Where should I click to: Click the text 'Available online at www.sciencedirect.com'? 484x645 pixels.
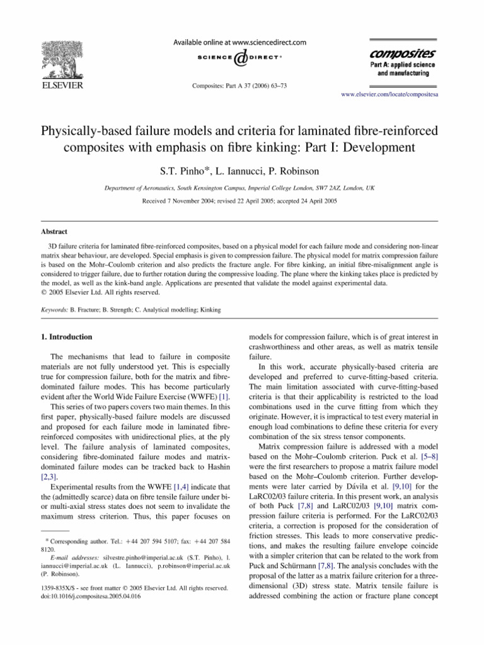pos(241,42)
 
